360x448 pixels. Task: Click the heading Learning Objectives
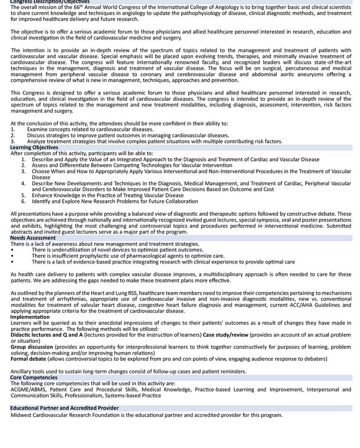tap(34, 148)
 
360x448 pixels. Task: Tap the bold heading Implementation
tap(30, 317)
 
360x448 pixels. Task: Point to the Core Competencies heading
tap(34, 377)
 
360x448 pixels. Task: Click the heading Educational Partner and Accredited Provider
tap(64, 408)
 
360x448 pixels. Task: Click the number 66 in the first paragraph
tap(76, 7)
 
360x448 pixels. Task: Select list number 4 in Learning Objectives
tap(23, 184)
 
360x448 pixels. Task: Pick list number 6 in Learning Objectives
tap(23, 202)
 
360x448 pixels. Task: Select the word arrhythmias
tap(85, 299)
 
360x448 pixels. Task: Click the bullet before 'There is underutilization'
tap(12, 250)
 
